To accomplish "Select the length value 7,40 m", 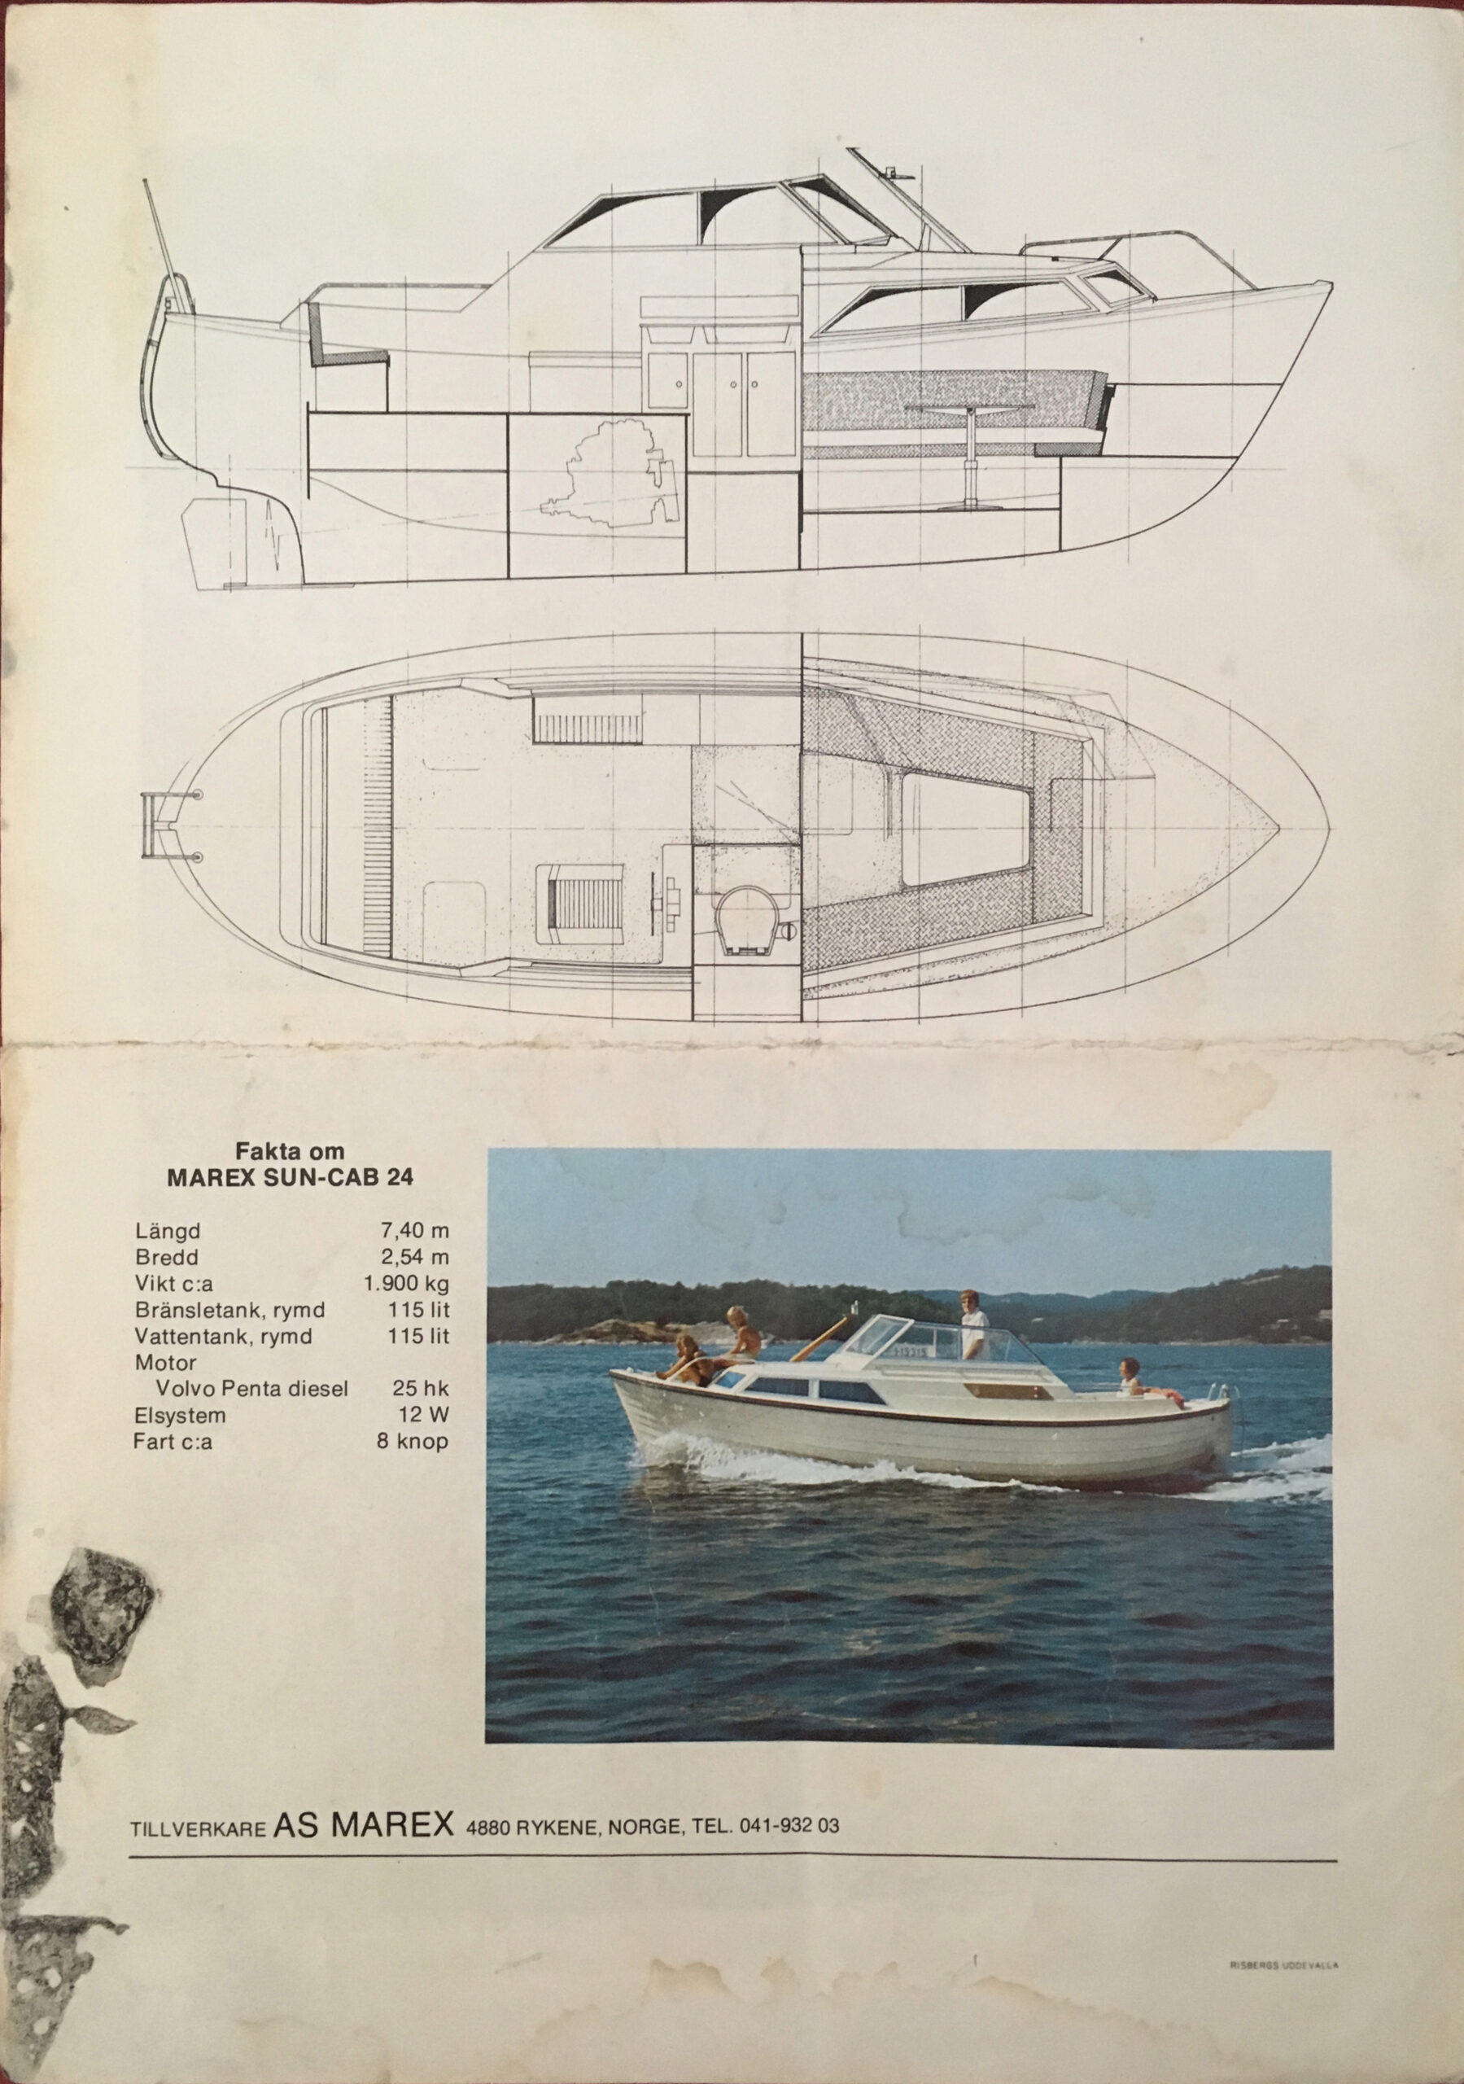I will click(x=415, y=1232).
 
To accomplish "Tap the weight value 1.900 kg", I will click(x=406, y=1284).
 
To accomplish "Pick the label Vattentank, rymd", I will click(x=223, y=1336).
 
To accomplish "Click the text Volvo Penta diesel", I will click(x=251, y=1389).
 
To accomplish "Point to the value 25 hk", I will click(x=422, y=1389).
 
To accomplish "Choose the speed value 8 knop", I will click(x=413, y=1440).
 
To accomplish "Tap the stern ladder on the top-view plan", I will click(x=160, y=824).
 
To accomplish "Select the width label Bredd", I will click(x=166, y=1258).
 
